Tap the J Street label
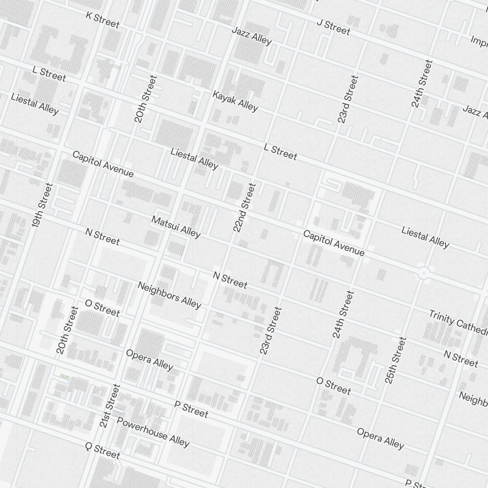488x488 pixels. click(x=333, y=27)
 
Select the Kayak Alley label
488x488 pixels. click(x=235, y=100)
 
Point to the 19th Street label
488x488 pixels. click(x=42, y=205)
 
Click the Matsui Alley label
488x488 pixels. click(x=176, y=227)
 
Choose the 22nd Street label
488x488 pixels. click(x=244, y=207)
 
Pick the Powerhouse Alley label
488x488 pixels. click(x=153, y=432)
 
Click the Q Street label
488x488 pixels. click(x=102, y=451)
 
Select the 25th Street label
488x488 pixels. click(x=395, y=360)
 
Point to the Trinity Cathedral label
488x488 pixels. click(x=458, y=322)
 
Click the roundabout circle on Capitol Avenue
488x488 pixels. click(x=423, y=272)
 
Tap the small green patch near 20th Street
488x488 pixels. click(x=64, y=376)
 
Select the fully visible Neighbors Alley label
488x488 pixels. click(x=169, y=295)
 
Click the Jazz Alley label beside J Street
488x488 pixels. click(x=251, y=36)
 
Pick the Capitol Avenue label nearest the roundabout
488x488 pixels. click(x=333, y=243)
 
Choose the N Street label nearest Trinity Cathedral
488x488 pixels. click(x=461, y=358)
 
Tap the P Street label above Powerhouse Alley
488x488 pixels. click(x=191, y=409)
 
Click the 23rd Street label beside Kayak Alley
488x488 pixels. click(x=348, y=99)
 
